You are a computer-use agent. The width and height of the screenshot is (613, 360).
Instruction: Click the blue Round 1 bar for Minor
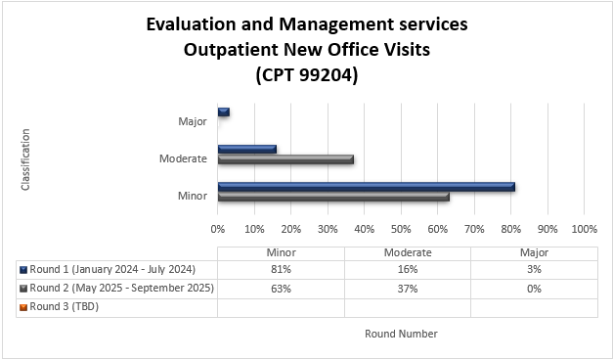(x=366, y=186)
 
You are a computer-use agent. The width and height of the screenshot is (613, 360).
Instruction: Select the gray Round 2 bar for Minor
(x=332, y=196)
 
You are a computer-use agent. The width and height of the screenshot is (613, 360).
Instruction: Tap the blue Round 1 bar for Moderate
(x=246, y=149)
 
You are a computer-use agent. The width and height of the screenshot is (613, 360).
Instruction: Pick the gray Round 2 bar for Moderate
(x=285, y=158)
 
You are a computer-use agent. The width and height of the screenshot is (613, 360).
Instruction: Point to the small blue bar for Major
(x=223, y=112)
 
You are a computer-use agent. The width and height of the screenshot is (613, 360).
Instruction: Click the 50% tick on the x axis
(x=401, y=229)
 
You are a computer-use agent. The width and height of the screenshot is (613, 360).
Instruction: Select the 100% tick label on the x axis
(x=584, y=229)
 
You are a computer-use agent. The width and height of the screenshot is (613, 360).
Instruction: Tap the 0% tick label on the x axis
(x=218, y=229)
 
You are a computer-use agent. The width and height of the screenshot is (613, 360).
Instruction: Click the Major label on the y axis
(x=193, y=121)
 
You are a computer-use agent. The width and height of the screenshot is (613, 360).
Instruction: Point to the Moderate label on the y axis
(x=183, y=158)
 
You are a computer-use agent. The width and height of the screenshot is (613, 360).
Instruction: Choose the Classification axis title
(x=25, y=158)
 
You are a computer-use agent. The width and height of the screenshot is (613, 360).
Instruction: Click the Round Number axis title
(x=401, y=334)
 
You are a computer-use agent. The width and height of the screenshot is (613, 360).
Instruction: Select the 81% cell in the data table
(x=281, y=269)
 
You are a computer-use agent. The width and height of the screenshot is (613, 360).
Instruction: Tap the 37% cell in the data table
(x=408, y=289)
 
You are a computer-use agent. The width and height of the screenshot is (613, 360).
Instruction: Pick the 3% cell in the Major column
(x=533, y=269)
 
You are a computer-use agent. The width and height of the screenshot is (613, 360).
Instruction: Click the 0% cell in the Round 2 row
(x=533, y=289)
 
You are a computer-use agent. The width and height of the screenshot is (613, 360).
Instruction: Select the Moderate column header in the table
(x=408, y=252)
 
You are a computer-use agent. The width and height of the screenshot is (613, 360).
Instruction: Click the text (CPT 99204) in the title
(x=306, y=74)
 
